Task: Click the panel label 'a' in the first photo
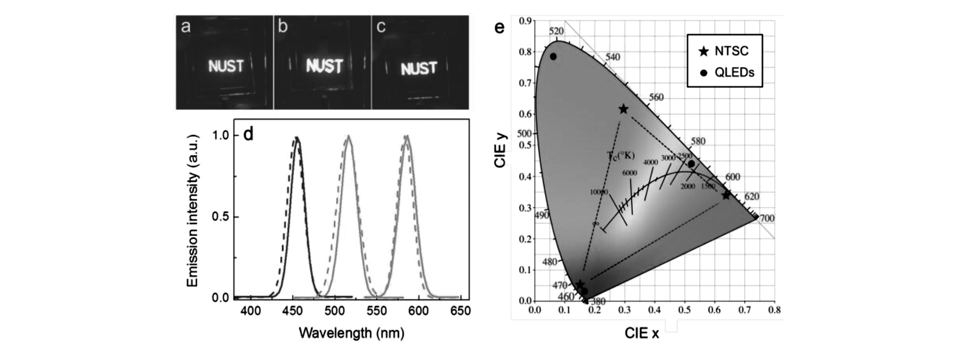pos(186,27)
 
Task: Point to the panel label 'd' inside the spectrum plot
pos(248,134)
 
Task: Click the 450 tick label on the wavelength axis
pos(292,311)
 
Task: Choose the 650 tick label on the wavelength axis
pos(460,311)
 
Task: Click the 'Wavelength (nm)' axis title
pos(351,333)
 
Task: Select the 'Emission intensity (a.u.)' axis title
pos(192,210)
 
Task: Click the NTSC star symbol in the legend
pos(704,51)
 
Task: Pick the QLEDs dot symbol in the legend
pos(704,73)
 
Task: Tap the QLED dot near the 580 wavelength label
pos(691,164)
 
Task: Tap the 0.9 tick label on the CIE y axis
pos(525,21)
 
